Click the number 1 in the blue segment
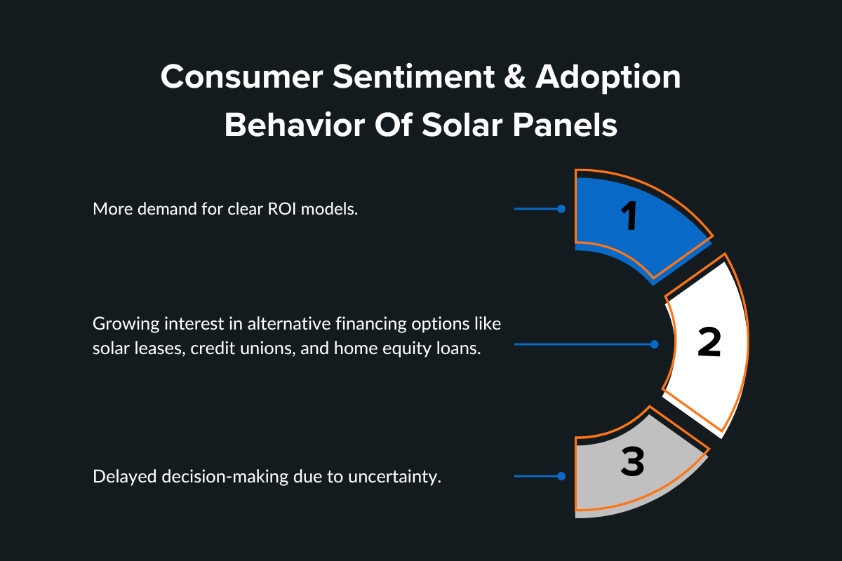(631, 217)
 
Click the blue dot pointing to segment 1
(561, 209)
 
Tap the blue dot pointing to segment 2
(655, 344)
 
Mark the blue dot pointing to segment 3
(561, 476)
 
